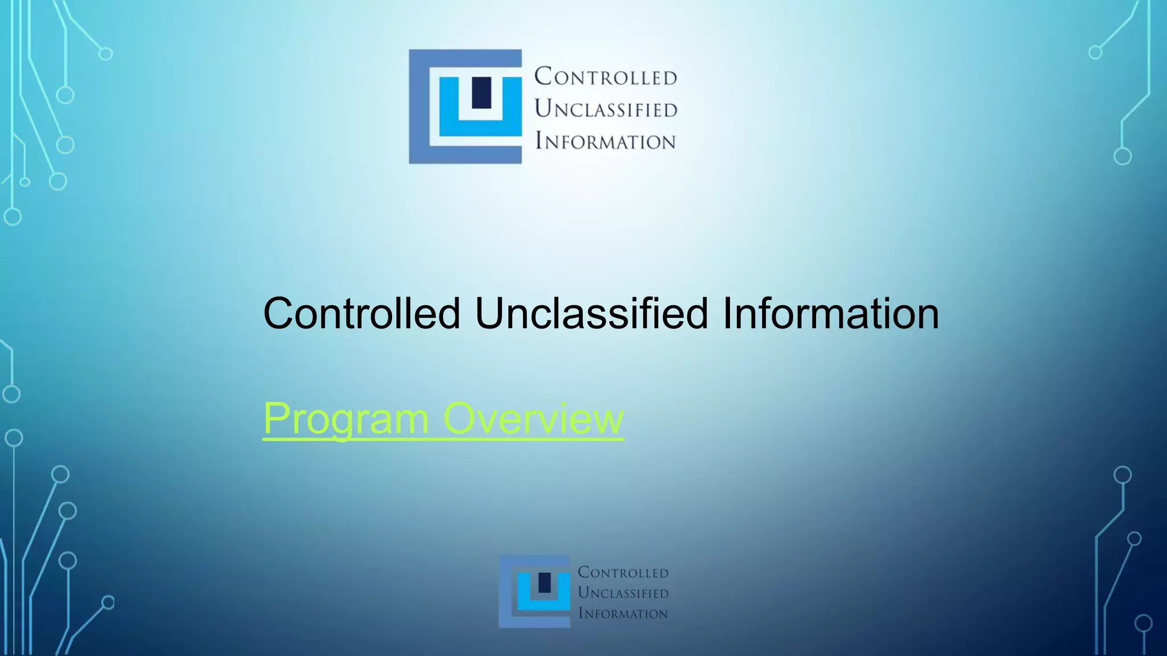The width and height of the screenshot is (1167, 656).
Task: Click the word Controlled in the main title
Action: (361, 313)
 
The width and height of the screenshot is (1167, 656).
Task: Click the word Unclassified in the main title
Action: (591, 313)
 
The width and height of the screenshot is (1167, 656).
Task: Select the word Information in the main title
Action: (831, 313)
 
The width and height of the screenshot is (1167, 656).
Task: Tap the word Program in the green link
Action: (346, 419)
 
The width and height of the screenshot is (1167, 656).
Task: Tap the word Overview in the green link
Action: (533, 418)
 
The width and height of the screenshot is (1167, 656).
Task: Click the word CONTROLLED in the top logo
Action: (605, 76)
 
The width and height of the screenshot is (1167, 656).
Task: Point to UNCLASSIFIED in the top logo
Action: (606, 108)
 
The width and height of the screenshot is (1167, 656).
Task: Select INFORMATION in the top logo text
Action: (605, 141)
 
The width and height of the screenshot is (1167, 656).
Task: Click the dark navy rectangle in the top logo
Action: (482, 92)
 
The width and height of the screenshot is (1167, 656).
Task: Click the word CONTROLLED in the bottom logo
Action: (623, 572)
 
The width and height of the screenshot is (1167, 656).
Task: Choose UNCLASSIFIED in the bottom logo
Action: (623, 593)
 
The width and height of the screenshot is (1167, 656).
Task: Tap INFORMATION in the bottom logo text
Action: (623, 613)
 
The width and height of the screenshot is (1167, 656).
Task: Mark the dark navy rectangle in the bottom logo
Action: (545, 583)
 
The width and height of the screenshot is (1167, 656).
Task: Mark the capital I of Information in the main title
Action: (728, 313)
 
